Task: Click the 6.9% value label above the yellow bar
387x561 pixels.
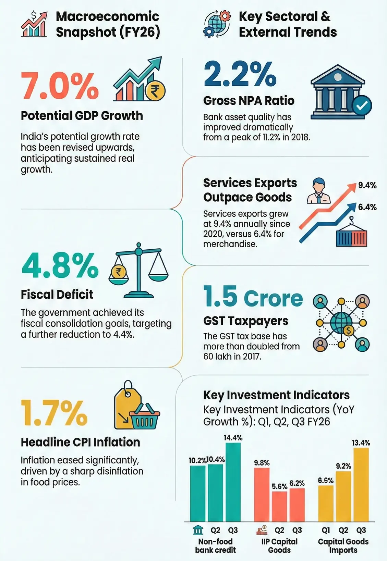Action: (x=325, y=481)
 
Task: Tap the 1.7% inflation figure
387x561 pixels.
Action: (x=54, y=413)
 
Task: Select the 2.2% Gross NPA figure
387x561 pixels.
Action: (x=240, y=74)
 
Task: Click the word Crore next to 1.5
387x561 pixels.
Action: (x=273, y=298)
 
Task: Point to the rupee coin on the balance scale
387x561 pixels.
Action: (x=118, y=272)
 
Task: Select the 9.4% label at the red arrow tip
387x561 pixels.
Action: (x=367, y=185)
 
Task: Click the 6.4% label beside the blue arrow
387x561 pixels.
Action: (x=367, y=207)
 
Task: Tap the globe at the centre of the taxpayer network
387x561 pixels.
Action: (x=341, y=322)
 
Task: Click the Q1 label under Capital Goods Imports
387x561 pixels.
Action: (x=325, y=530)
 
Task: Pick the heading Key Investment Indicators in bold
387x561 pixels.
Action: (x=276, y=395)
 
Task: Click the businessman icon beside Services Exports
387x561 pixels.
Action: (x=318, y=191)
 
